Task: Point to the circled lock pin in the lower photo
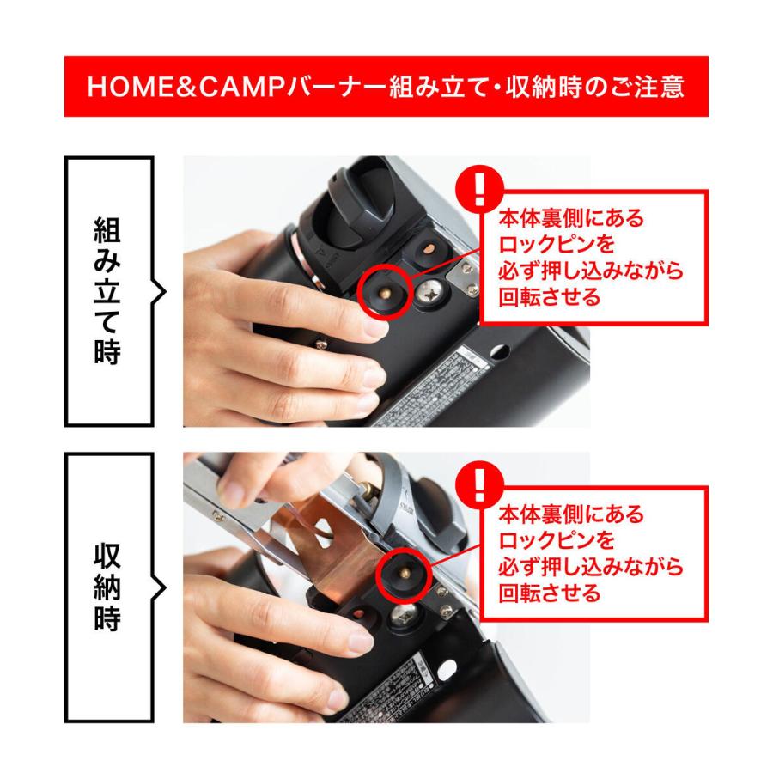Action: [401, 568]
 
